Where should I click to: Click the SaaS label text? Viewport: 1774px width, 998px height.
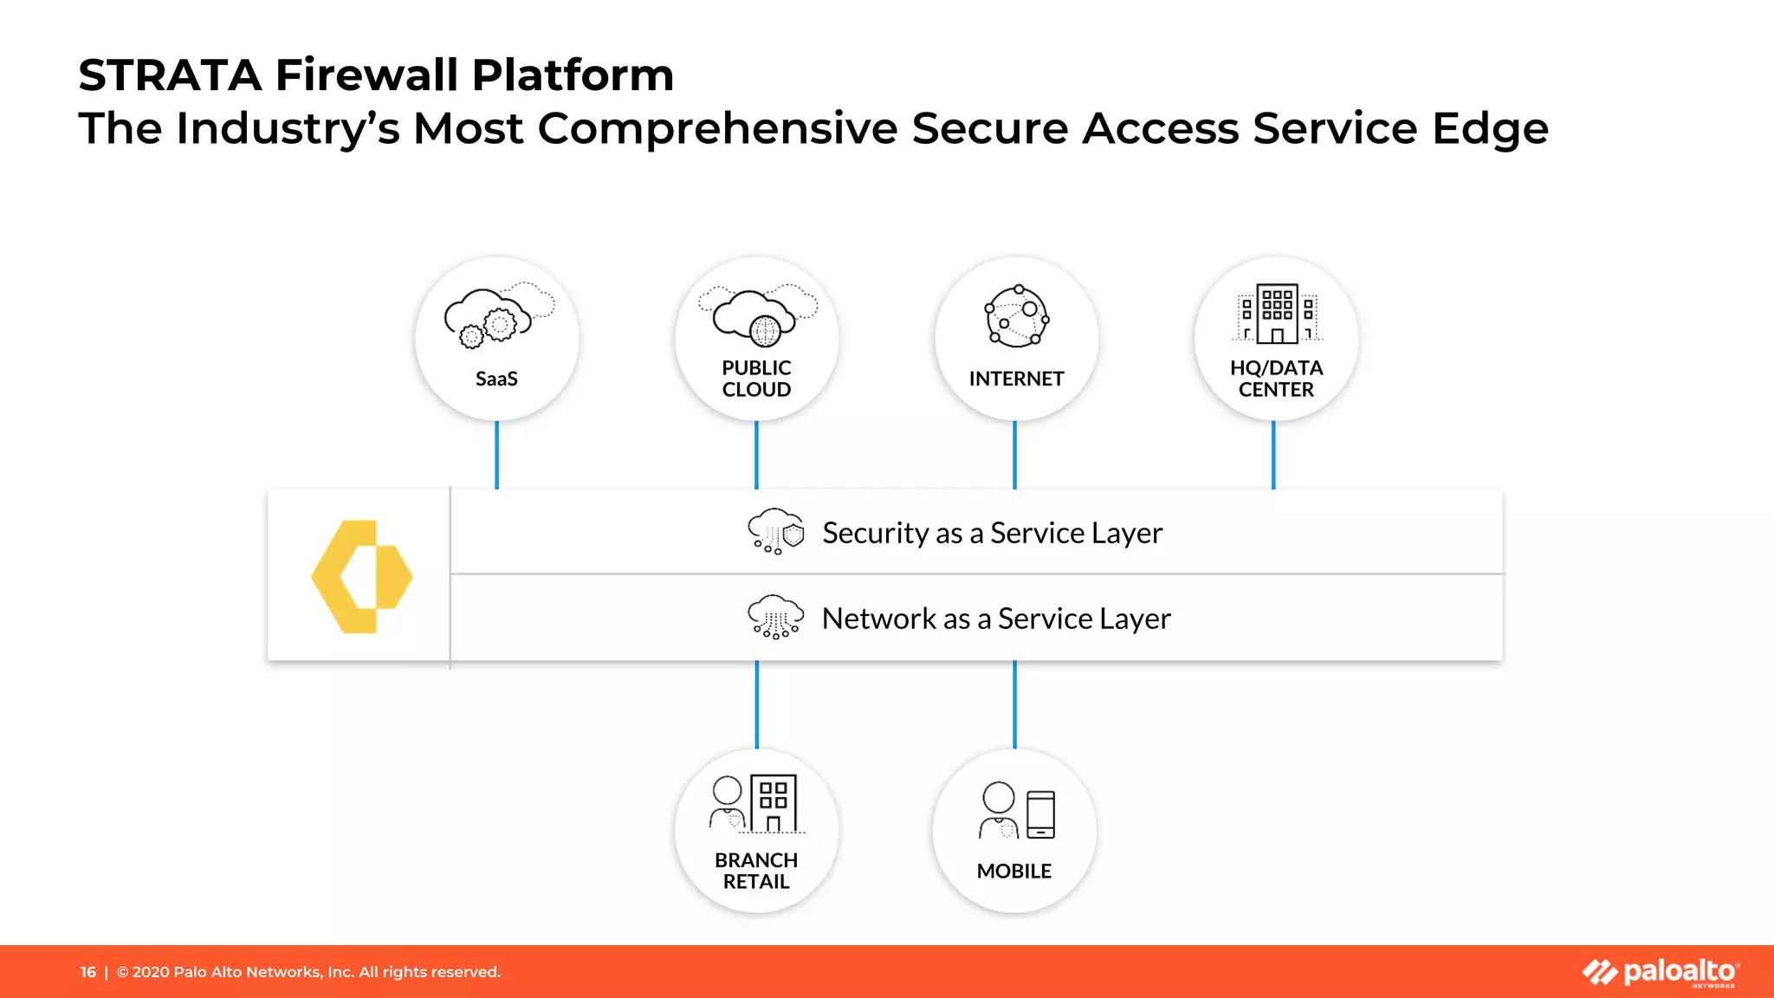(x=496, y=379)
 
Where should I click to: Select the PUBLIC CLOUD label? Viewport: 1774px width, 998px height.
(x=756, y=379)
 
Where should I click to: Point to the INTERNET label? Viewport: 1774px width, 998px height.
(x=1016, y=379)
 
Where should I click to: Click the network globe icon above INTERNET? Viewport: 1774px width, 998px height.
(x=1017, y=316)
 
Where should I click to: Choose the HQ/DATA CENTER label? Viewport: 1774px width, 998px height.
(x=1276, y=379)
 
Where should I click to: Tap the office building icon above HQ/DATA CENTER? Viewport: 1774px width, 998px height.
(x=1278, y=314)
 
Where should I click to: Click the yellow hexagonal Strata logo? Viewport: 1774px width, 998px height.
(x=361, y=576)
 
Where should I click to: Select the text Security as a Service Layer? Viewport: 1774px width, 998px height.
(x=992, y=533)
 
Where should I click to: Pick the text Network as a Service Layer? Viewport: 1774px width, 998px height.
(x=996, y=619)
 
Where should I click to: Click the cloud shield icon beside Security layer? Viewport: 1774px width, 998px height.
(x=775, y=531)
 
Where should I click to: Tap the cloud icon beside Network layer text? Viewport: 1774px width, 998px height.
(x=775, y=617)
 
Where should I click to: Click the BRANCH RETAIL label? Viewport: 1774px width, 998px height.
(x=756, y=871)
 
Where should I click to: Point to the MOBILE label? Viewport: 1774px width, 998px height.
(x=1013, y=871)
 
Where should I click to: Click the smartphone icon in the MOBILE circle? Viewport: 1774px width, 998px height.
(x=1040, y=814)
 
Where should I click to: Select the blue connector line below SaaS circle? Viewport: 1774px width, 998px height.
(x=496, y=455)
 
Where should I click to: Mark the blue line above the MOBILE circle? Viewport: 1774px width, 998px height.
(x=1014, y=703)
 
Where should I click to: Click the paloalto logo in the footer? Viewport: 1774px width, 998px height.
(x=1661, y=972)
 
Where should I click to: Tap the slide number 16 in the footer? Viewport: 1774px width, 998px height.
(x=88, y=972)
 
